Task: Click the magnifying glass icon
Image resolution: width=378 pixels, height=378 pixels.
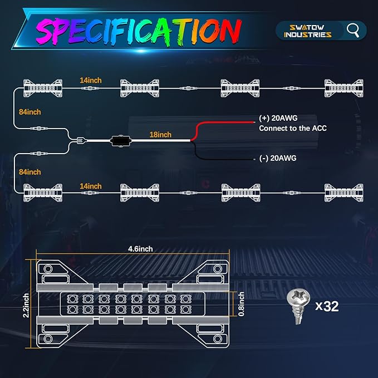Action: pos(353,31)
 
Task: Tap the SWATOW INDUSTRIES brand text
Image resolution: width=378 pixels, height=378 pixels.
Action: pos(308,31)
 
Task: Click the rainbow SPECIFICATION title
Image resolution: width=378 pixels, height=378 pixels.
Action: pos(139,32)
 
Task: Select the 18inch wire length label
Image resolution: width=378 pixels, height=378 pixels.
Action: pos(160,135)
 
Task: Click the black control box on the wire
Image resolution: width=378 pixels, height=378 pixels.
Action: pos(121,140)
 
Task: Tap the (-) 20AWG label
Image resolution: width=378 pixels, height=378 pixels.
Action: pos(278,158)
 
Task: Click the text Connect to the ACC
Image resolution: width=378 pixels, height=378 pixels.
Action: pos(293,128)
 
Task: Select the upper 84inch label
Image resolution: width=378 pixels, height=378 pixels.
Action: pos(30,112)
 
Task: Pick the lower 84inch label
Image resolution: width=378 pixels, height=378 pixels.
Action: pos(30,172)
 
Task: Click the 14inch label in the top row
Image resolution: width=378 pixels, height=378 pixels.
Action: pos(91,80)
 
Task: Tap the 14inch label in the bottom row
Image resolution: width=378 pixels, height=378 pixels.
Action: pos(91,186)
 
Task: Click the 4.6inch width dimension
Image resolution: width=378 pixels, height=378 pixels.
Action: pos(140,249)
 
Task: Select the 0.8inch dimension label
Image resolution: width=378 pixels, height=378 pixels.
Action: pos(241,304)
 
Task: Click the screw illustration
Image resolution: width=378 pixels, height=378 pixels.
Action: pos(298,307)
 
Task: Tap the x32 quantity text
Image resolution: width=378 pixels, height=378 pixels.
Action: pos(327,306)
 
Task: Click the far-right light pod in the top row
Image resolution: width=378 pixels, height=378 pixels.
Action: pos(344,88)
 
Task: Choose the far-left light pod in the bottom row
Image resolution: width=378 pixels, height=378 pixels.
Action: pos(43,193)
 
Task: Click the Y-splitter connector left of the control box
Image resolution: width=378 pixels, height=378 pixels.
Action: pos(80,140)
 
